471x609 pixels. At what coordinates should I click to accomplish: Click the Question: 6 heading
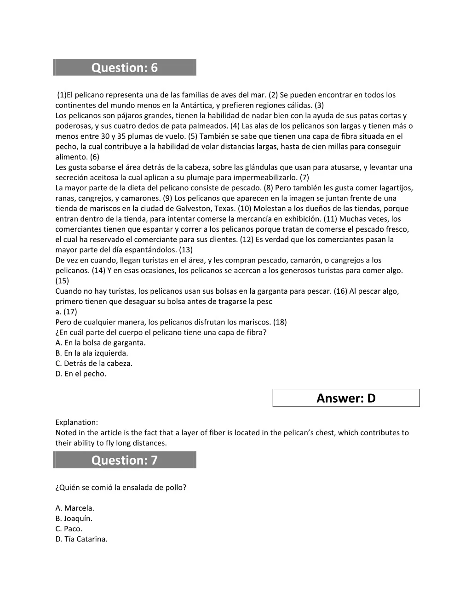[x=124, y=68]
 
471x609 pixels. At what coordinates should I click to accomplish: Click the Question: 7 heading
[x=124, y=460]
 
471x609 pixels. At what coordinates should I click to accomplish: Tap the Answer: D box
[x=346, y=398]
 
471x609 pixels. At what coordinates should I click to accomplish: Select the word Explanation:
[x=76, y=422]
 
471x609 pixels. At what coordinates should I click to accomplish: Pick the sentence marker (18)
[x=280, y=322]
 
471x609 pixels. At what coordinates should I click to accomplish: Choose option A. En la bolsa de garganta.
[x=100, y=342]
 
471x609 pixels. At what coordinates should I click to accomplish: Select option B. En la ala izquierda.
[x=92, y=353]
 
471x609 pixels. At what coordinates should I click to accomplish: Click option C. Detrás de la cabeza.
[x=94, y=363]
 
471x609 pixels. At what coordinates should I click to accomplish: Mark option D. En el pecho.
[x=80, y=374]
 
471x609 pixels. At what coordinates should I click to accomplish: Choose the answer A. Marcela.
[x=75, y=508]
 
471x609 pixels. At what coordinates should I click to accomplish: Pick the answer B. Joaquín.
[x=74, y=518]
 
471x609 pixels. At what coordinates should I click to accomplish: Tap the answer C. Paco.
[x=69, y=529]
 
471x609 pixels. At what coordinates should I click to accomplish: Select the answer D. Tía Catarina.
[x=81, y=539]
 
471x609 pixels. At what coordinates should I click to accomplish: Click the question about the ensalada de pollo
[x=121, y=487]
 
